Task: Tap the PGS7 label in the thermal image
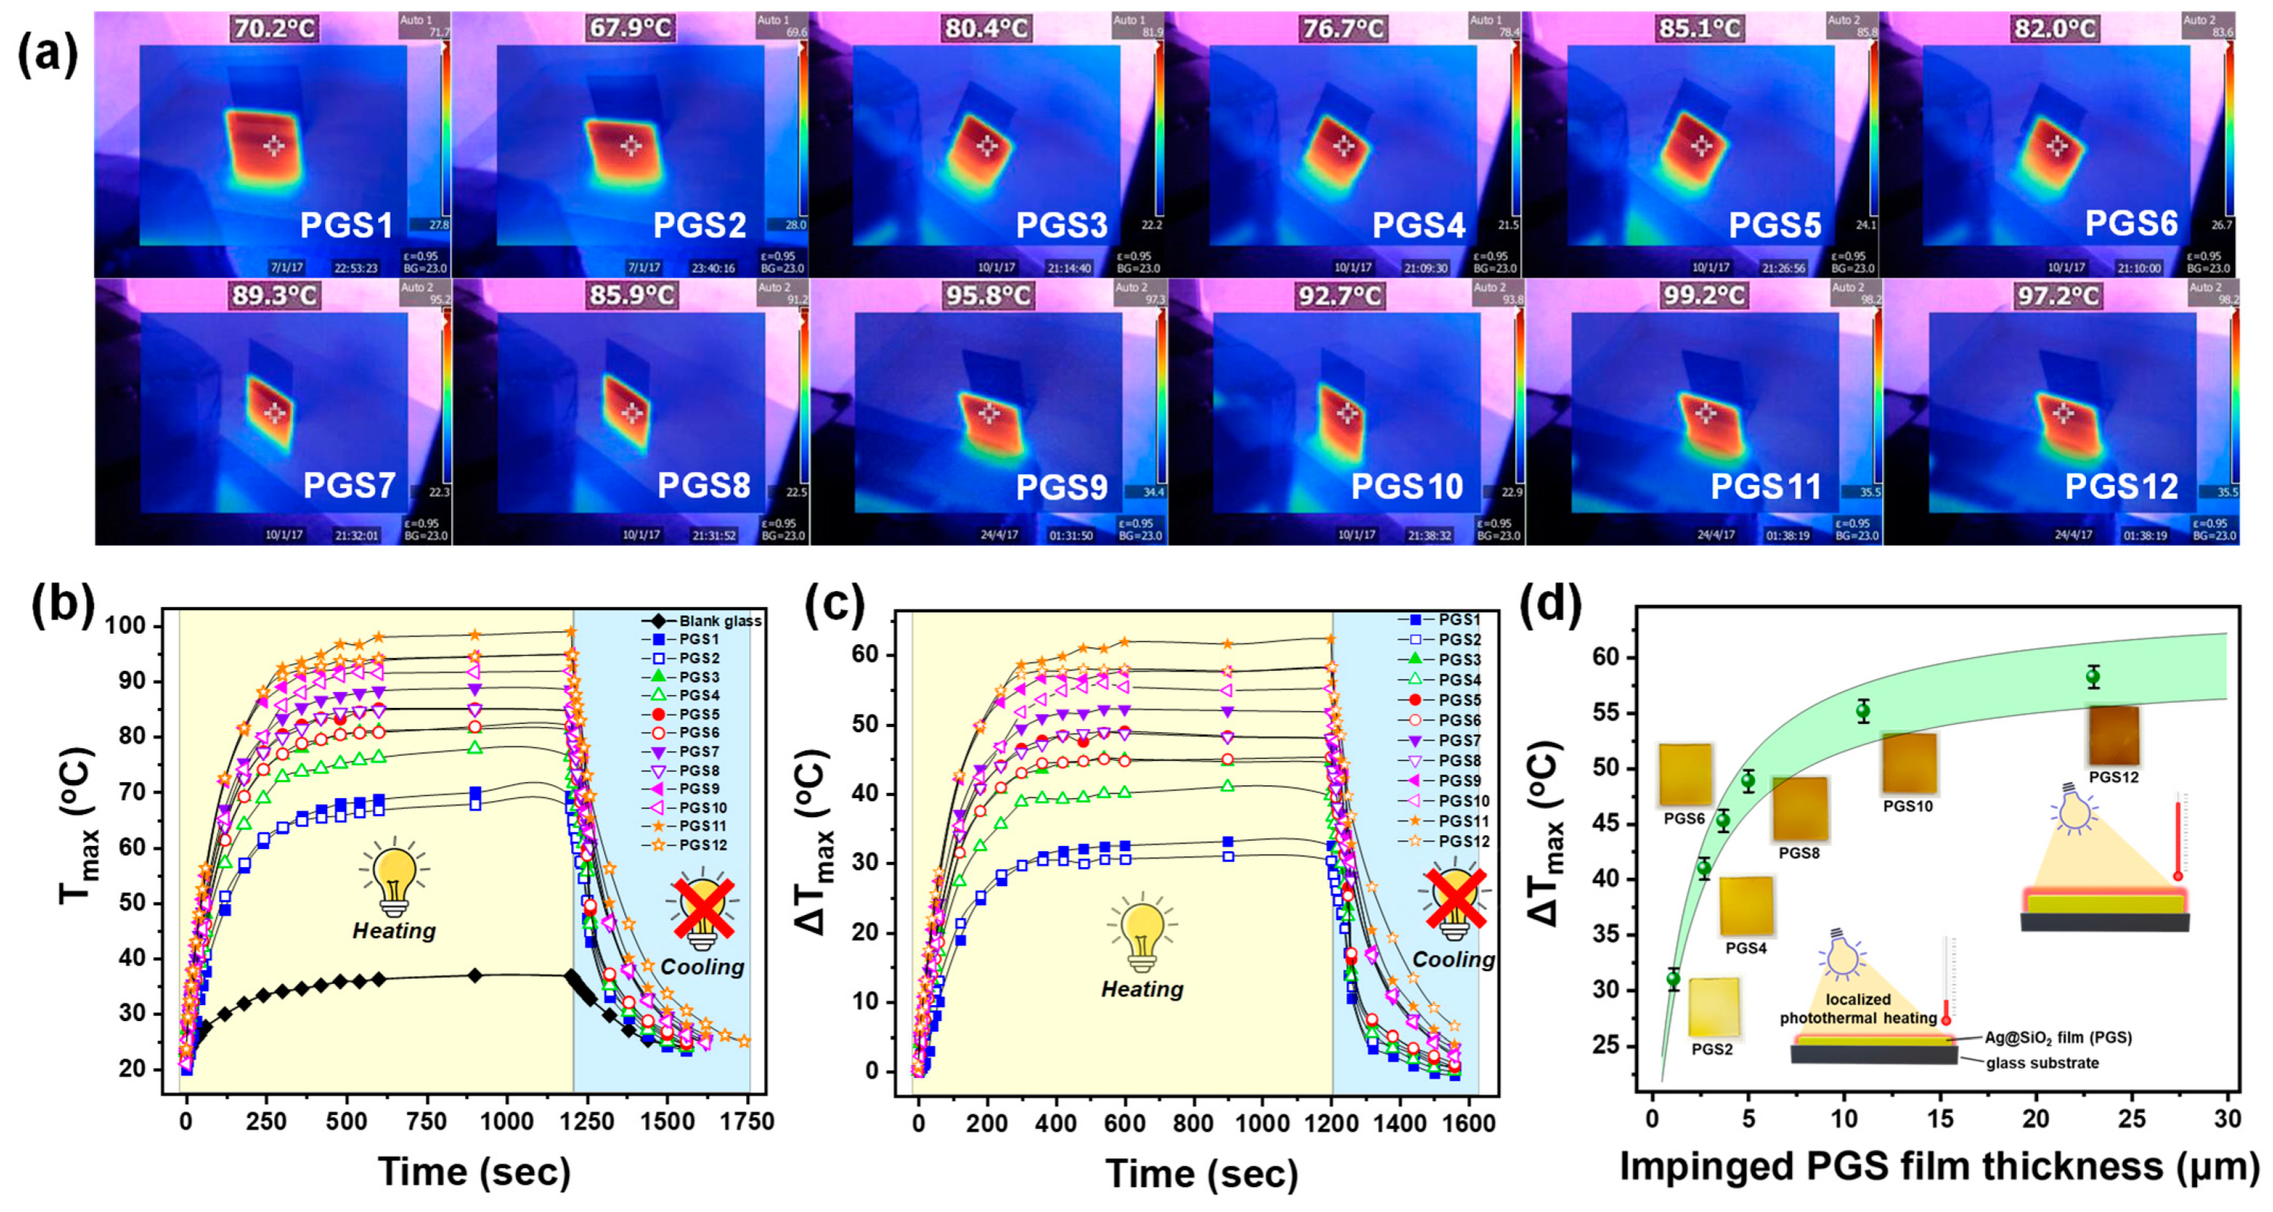point(348,486)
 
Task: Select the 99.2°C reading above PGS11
point(1703,296)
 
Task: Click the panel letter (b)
point(62,607)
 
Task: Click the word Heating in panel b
point(394,930)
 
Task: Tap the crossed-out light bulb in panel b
point(703,907)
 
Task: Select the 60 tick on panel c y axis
point(883,654)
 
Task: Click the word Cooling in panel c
point(1453,960)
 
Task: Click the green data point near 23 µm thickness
point(2093,677)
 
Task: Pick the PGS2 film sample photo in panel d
point(1713,1007)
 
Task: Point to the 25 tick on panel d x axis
point(2132,1120)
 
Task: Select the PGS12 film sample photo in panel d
point(2113,735)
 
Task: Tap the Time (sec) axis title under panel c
point(1201,1174)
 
